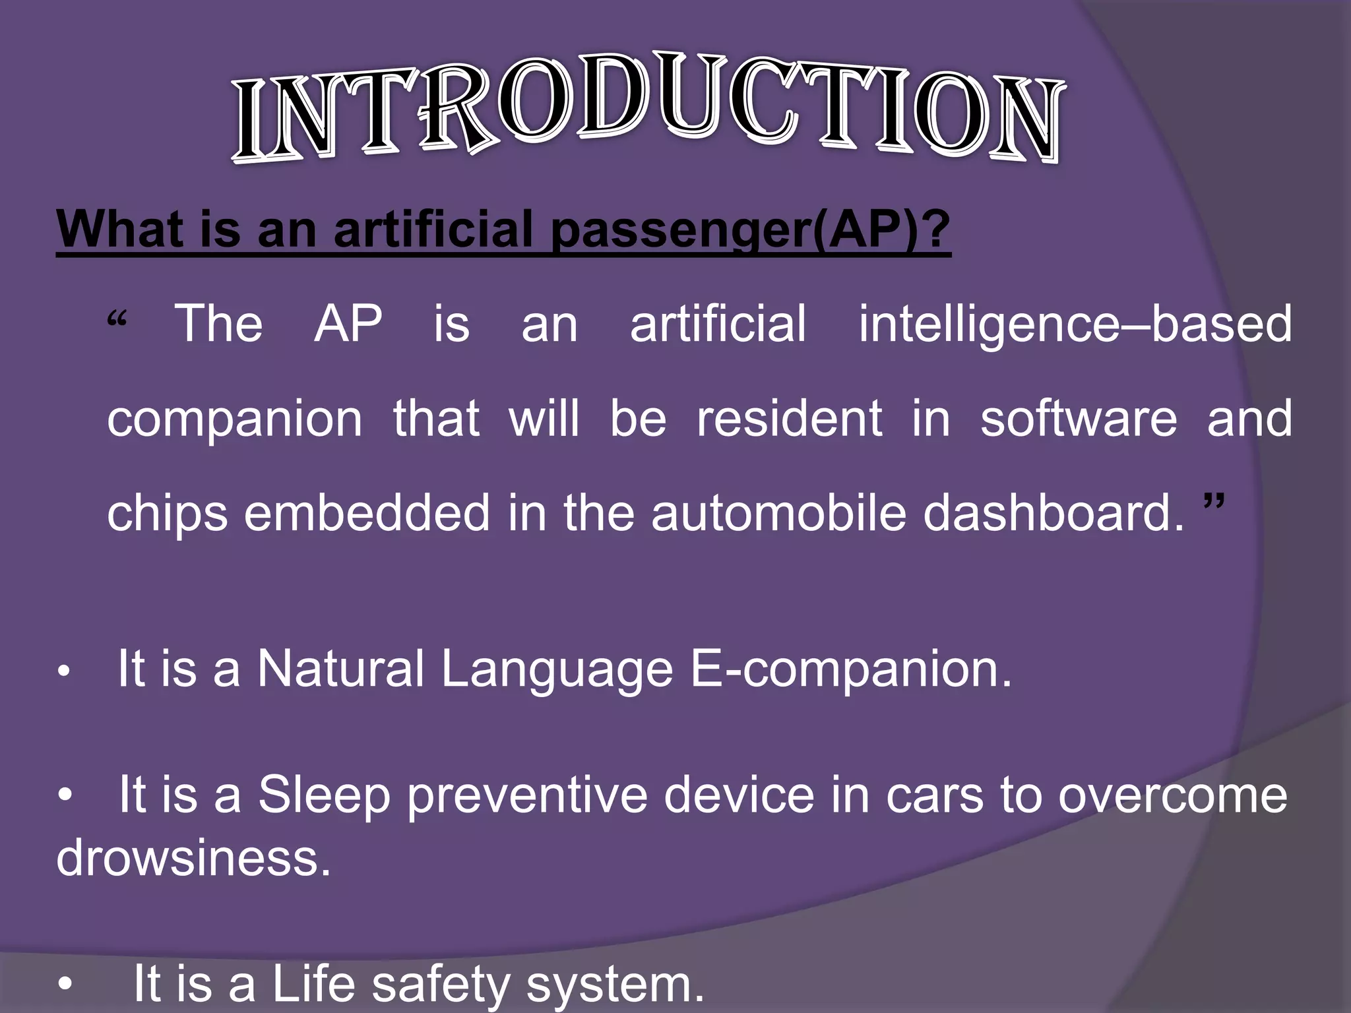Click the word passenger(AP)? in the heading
pos(750,229)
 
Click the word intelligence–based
pos(1075,324)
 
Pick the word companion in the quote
pos(234,419)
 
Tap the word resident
pos(789,419)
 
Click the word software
pos(1078,419)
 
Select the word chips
pos(168,514)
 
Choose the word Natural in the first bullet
pos(340,669)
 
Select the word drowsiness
pos(193,858)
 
